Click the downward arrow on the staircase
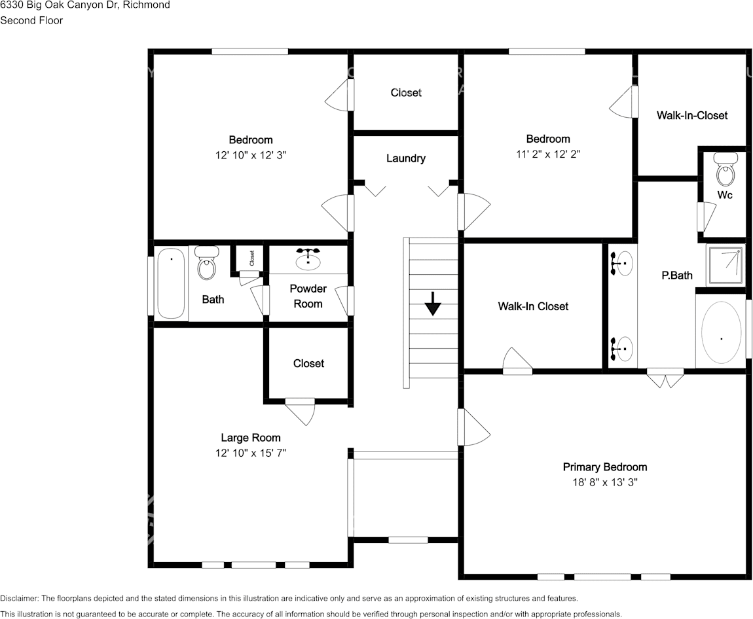pyautogui.click(x=432, y=304)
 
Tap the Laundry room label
pyautogui.click(x=406, y=158)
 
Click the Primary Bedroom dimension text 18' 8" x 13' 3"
pyautogui.click(x=605, y=482)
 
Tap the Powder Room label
pyautogui.click(x=308, y=296)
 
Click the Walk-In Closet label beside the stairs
pyautogui.click(x=533, y=306)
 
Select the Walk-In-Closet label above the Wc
pyautogui.click(x=692, y=115)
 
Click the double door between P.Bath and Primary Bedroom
pyautogui.click(x=665, y=378)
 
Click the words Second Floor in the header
pyautogui.click(x=31, y=20)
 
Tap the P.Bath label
pyautogui.click(x=676, y=275)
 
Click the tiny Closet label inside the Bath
pyautogui.click(x=252, y=258)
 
